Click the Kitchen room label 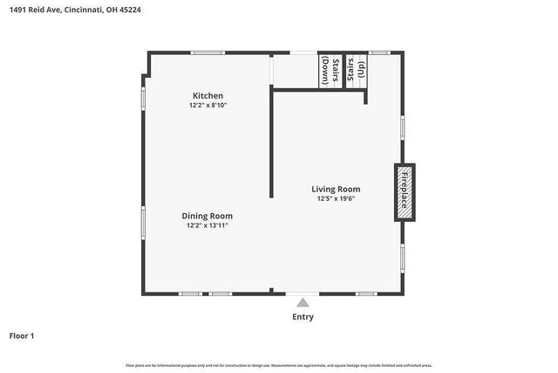pyautogui.click(x=208, y=95)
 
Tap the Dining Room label pyautogui.click(x=207, y=216)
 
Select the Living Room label pyautogui.click(x=336, y=189)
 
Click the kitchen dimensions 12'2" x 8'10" pyautogui.click(x=208, y=106)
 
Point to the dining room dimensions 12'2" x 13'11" pyautogui.click(x=207, y=225)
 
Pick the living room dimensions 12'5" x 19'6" pyautogui.click(x=336, y=198)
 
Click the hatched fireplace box pyautogui.click(x=404, y=191)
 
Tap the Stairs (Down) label pyautogui.click(x=330, y=71)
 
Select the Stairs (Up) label pyautogui.click(x=356, y=70)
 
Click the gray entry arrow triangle pyautogui.click(x=303, y=302)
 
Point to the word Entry pyautogui.click(x=303, y=317)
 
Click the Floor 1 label pyautogui.click(x=22, y=335)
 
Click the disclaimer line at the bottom pyautogui.click(x=279, y=365)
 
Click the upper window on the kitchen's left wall pyautogui.click(x=144, y=95)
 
